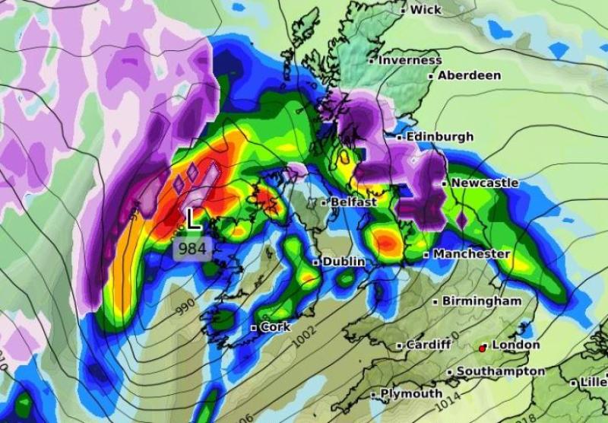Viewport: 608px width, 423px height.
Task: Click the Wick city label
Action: point(426,10)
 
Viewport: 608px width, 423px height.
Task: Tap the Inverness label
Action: point(410,59)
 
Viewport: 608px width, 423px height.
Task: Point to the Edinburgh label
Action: point(439,137)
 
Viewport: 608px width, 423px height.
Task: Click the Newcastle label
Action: point(484,183)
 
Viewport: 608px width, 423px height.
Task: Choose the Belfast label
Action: point(353,202)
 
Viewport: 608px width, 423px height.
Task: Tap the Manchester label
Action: point(471,253)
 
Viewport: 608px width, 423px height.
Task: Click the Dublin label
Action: point(344,262)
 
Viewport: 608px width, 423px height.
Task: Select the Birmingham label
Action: point(482,301)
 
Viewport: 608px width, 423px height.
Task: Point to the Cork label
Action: point(275,327)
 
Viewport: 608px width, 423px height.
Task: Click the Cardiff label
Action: point(429,345)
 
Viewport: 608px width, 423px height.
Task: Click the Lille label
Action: point(593,382)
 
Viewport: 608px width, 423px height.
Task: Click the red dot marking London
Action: point(482,348)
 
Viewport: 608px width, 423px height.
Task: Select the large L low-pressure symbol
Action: point(194,220)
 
